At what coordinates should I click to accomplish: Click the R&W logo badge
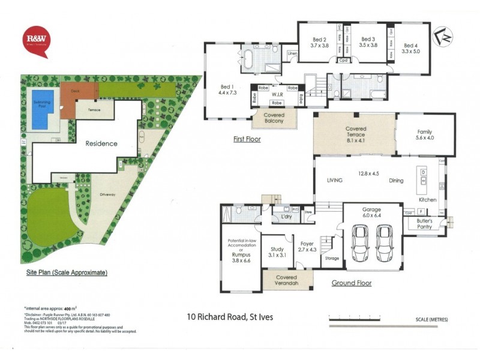coord(37,40)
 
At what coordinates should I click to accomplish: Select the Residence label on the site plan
coord(101,144)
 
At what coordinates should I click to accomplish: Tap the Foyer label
coord(307,245)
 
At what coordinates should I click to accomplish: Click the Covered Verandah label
coord(287,280)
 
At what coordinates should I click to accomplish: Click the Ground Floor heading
coord(352,283)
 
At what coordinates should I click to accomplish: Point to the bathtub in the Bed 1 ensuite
coord(248,61)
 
